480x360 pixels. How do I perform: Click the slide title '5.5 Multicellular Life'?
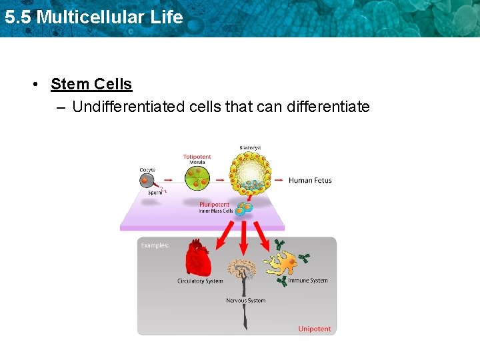pos(93,17)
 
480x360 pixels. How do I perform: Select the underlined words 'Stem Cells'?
pos(91,85)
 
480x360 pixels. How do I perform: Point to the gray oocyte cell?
pos(148,181)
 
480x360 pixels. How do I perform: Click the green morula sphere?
pos(197,177)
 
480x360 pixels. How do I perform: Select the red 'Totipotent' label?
pos(197,157)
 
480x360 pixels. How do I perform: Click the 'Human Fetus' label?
pos(310,181)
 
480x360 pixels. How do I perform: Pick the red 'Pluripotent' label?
pos(214,205)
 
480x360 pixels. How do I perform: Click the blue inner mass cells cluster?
pos(245,209)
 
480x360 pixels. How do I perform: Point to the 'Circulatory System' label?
pos(200,281)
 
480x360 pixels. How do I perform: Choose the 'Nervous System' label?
pos(245,301)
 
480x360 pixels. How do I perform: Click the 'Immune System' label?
pos(307,281)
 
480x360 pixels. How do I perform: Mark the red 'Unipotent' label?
pos(314,329)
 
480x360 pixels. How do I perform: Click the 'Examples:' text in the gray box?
pos(155,245)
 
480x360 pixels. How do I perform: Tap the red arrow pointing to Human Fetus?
pos(278,180)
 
